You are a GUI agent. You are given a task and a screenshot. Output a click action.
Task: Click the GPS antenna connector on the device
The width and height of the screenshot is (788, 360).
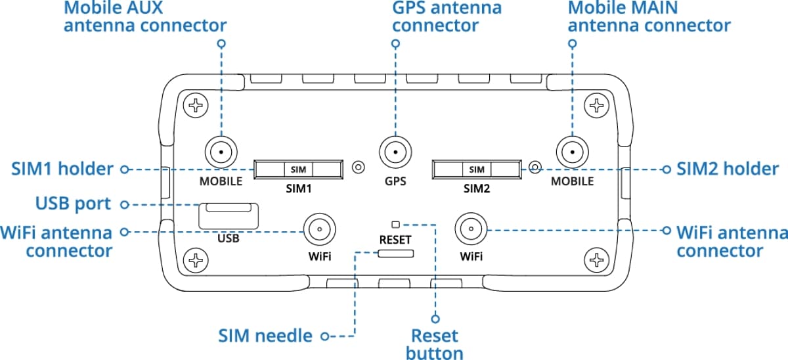(394, 153)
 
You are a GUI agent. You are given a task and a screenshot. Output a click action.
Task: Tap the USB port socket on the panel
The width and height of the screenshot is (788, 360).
(228, 214)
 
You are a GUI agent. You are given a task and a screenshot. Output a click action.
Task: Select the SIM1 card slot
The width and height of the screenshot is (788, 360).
(299, 169)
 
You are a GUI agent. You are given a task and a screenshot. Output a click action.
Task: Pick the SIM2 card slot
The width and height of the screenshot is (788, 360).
(477, 169)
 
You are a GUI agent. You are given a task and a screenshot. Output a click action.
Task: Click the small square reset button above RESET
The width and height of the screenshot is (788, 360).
(395, 224)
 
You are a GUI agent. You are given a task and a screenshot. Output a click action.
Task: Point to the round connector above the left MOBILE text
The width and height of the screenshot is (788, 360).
(221, 153)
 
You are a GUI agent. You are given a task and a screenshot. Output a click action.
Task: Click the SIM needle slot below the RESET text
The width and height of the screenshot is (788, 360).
(395, 254)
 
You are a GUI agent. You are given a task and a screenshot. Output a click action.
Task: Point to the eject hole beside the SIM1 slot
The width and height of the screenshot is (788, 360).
(358, 168)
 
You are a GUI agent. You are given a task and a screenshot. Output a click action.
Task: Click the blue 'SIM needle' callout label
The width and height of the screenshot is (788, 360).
(265, 336)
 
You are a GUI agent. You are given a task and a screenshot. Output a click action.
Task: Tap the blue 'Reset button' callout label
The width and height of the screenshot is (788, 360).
(434, 344)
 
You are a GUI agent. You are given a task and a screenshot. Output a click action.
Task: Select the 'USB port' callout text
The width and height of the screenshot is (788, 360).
(73, 204)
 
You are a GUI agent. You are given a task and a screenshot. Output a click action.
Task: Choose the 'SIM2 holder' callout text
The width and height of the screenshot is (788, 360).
(728, 169)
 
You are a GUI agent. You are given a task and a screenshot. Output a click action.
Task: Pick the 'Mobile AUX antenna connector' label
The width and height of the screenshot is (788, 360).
(145, 16)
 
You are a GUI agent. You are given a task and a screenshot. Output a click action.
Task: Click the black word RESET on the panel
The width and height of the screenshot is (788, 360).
(395, 240)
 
